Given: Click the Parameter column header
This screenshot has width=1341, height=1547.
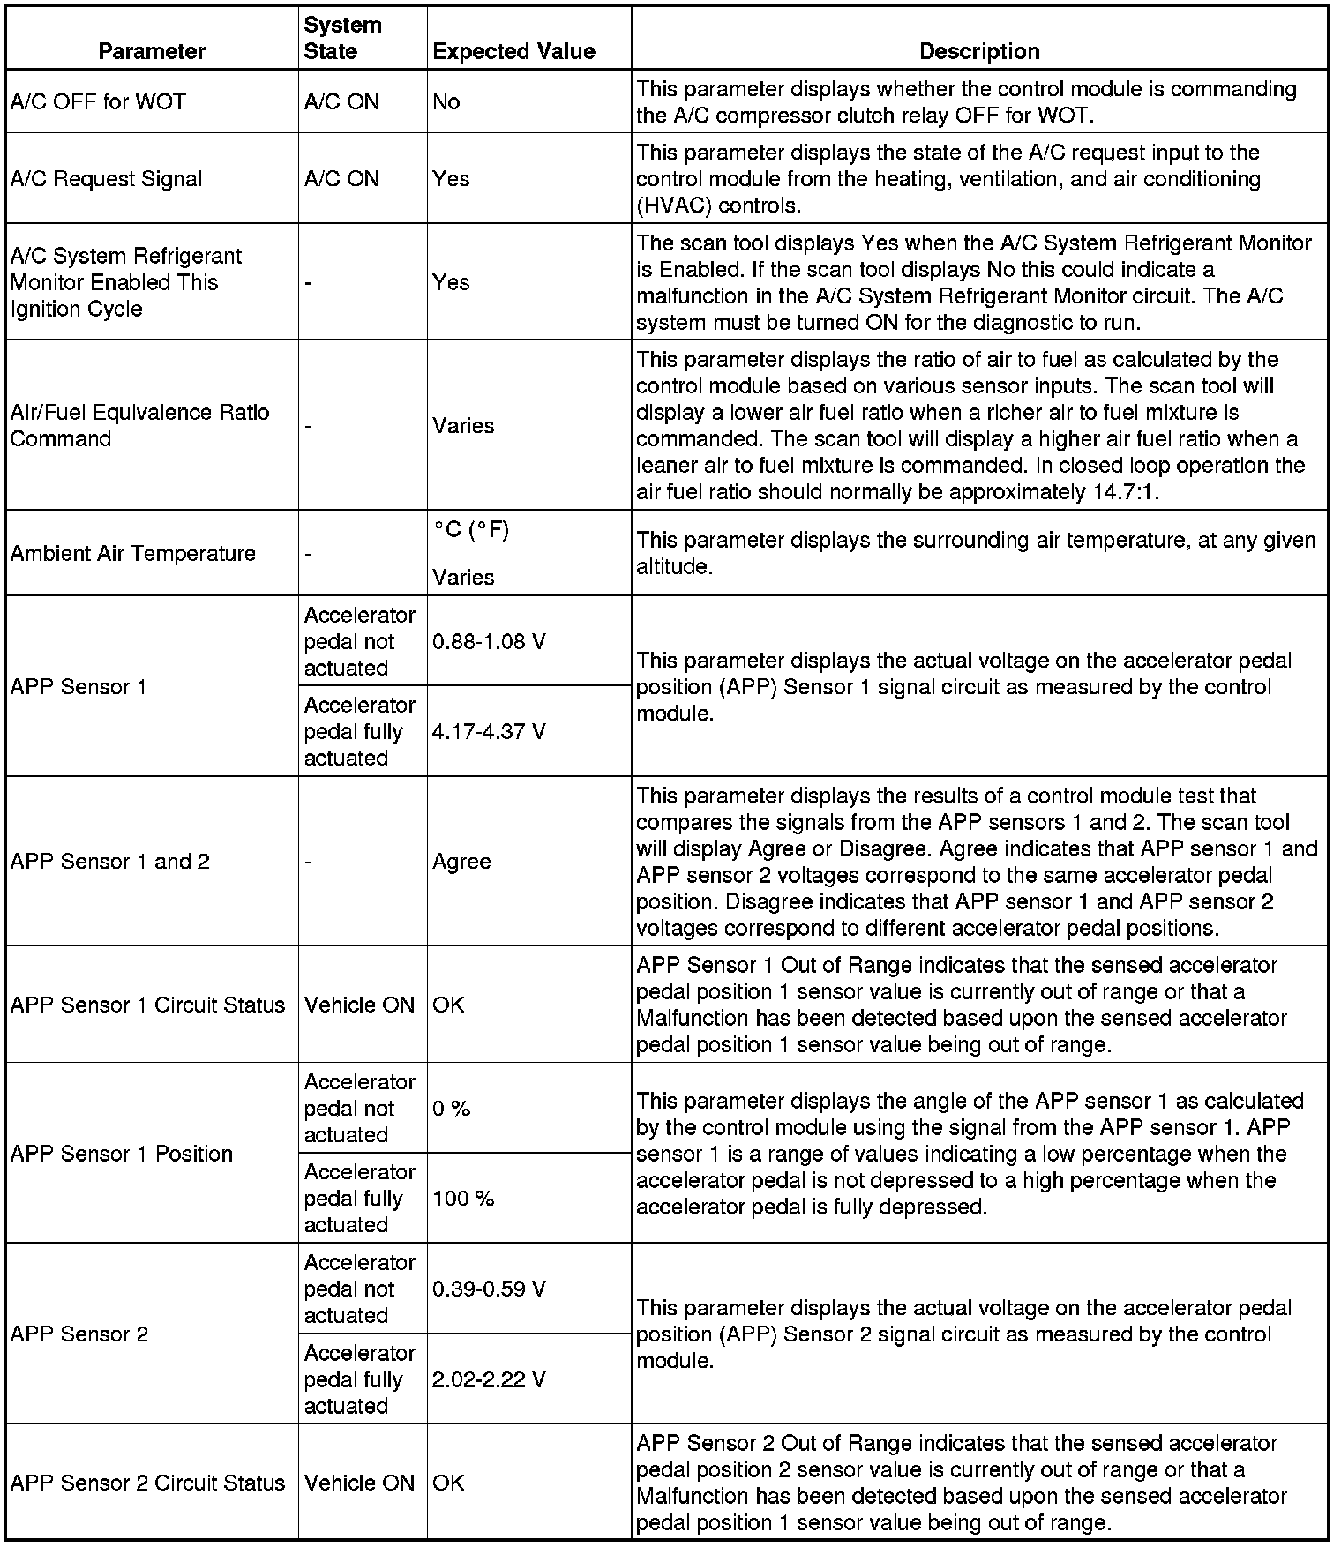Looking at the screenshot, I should coord(152,51).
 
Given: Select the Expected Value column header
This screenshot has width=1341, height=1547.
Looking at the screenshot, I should coord(513,51).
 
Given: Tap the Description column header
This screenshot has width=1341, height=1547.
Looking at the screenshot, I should coord(979,51).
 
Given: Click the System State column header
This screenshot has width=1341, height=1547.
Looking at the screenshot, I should coord(342,38).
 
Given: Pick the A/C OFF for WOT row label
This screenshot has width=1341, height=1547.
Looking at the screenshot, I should coord(98,101).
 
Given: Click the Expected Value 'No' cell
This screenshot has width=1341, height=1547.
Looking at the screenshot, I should coord(446,101).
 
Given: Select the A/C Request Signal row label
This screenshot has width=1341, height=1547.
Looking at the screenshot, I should coord(106,179).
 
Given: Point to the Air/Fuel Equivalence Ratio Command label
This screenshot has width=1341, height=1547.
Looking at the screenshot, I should coord(139,425).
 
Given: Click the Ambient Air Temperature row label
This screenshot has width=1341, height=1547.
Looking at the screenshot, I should coord(132,553).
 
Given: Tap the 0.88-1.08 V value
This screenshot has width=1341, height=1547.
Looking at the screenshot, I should coord(489,641).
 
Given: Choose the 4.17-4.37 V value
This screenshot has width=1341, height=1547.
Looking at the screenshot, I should coord(489,731).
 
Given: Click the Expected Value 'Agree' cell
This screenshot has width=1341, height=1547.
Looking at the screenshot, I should coord(461,862).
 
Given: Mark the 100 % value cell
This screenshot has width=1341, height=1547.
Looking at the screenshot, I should coord(463,1198).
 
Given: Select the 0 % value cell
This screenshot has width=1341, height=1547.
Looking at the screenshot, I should coord(451,1108).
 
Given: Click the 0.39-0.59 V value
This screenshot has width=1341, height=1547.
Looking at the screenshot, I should coord(489,1289).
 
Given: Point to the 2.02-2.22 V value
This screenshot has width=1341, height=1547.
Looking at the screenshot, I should coord(489,1379).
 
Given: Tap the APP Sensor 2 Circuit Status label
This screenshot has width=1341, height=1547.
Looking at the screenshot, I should coord(147,1483).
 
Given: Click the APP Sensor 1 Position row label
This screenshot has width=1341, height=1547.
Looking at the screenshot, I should coord(122,1154).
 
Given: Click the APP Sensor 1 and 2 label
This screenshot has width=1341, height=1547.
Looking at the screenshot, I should coord(110,862).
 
